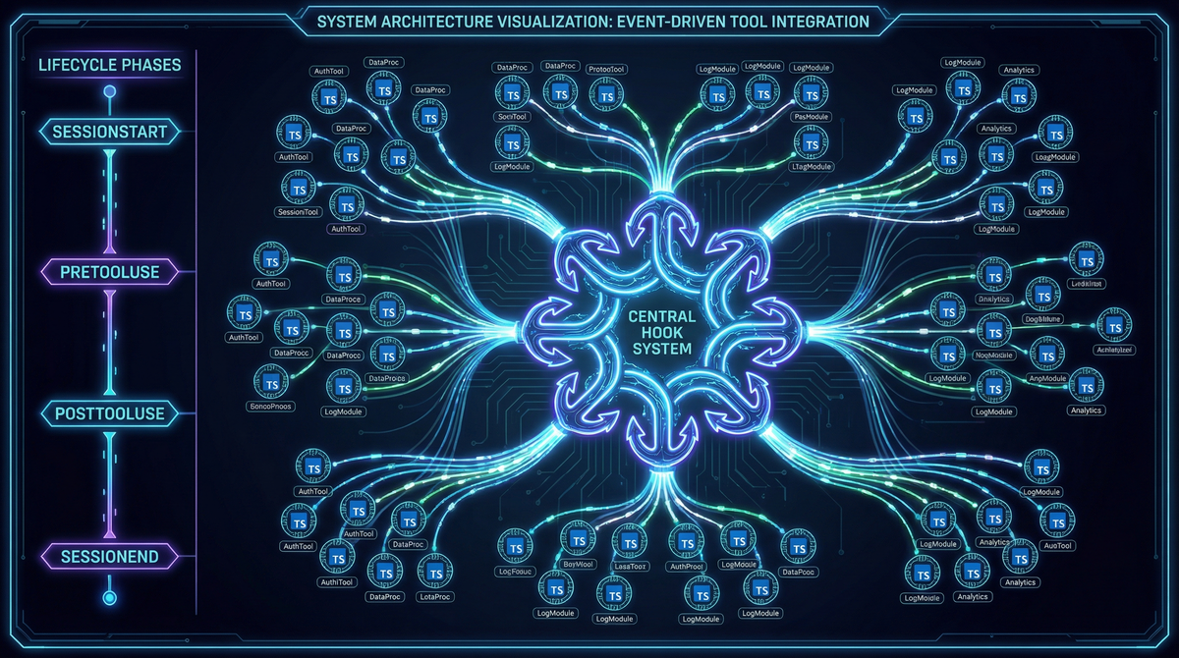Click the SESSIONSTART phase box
point(108,131)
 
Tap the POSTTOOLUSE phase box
point(108,414)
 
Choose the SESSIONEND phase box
point(108,557)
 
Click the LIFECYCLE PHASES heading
point(108,66)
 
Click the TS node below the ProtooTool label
point(606,95)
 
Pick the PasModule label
point(811,116)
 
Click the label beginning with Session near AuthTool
point(301,212)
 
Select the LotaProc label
point(434,596)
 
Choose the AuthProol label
point(686,567)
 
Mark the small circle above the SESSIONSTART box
point(109,92)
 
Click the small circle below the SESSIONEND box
point(109,595)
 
